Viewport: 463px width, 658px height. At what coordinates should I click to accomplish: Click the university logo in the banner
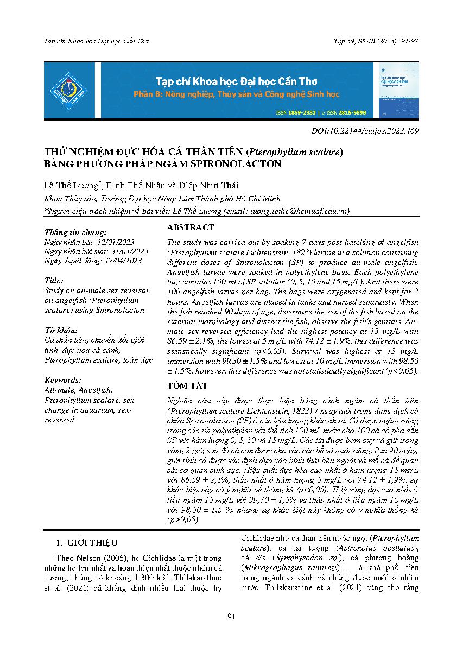69,91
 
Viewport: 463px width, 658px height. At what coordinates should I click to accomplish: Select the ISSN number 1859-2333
302,113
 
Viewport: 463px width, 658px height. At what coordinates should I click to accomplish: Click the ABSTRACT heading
191,227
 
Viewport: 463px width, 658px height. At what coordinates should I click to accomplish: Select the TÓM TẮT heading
188,385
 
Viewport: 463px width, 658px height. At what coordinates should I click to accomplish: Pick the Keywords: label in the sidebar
63,380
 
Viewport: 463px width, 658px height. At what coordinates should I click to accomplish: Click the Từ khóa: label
60,330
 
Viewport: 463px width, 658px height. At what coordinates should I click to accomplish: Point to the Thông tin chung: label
72,231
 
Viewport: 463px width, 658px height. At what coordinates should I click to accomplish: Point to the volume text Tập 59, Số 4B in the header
359,41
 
